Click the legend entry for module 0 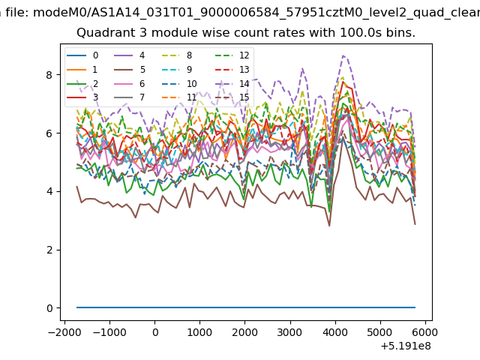pyautogui.click(x=82, y=55)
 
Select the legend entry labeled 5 pyautogui.click(x=130, y=70)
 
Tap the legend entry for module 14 pyautogui.click(x=232, y=83)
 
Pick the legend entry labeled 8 pyautogui.click(x=177, y=55)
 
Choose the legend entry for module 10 pyautogui.click(x=179, y=83)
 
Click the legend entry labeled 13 pyautogui.click(x=232, y=70)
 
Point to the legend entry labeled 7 pyautogui.click(x=130, y=97)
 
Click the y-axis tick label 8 pyautogui.click(x=49, y=75)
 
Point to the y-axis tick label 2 pyautogui.click(x=49, y=250)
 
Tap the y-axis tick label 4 pyautogui.click(x=49, y=192)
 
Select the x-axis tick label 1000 pyautogui.click(x=199, y=332)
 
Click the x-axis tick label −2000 pyautogui.click(x=64, y=332)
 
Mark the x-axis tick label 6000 pyautogui.click(x=425, y=332)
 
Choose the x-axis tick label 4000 pyautogui.click(x=335, y=332)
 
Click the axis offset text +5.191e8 pyautogui.click(x=406, y=346)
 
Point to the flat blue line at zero pyautogui.click(x=246, y=307)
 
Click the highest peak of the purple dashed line pyautogui.click(x=343, y=55)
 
